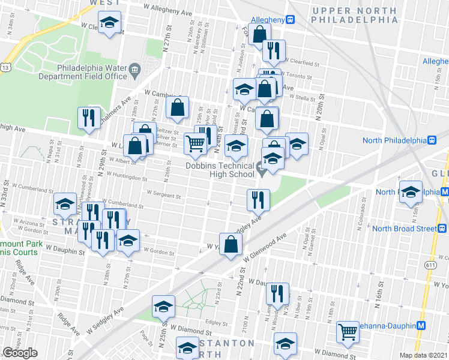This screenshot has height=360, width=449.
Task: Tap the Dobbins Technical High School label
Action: (x=220, y=170)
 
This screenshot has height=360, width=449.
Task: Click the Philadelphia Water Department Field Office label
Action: (x=92, y=72)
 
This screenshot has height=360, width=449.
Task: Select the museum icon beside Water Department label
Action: (x=134, y=69)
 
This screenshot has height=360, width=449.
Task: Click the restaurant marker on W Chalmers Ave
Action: (x=89, y=117)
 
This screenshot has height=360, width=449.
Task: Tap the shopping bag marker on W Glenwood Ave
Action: (x=231, y=244)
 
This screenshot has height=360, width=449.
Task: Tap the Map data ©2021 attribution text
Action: (x=424, y=355)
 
